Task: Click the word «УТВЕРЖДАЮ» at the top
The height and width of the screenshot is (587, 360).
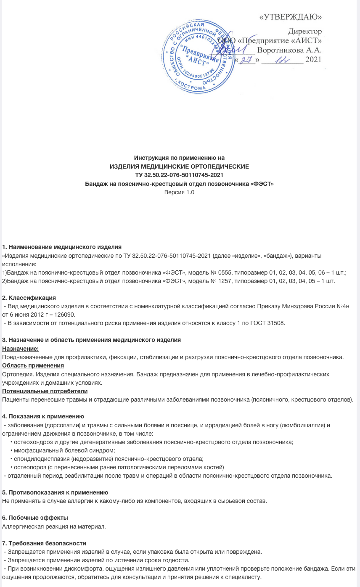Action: (291, 17)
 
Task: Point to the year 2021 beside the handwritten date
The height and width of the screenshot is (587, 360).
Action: (313, 60)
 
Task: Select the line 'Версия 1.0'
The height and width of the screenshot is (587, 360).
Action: (180, 192)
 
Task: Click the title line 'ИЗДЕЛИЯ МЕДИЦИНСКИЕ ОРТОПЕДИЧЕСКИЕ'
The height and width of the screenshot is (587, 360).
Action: (179, 167)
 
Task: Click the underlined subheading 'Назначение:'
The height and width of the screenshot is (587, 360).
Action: (21, 349)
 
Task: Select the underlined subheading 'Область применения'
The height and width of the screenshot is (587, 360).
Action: (33, 365)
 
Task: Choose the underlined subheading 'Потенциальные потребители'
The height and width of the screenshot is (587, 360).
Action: (45, 391)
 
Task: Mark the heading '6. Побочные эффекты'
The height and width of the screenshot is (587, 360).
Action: (35, 517)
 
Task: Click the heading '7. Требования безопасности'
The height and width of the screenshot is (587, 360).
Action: (44, 543)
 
